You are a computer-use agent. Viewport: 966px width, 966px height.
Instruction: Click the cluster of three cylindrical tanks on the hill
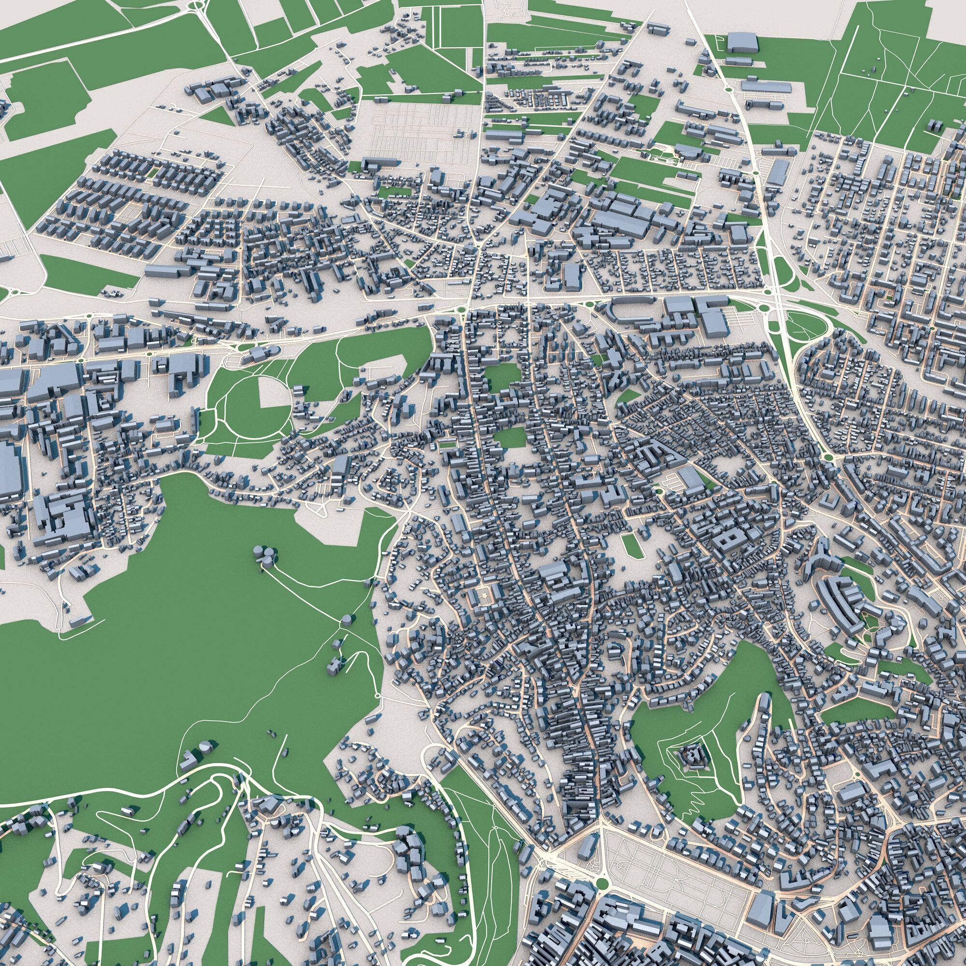[x=265, y=555]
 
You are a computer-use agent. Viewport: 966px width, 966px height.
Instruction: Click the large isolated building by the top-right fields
[x=742, y=43]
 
